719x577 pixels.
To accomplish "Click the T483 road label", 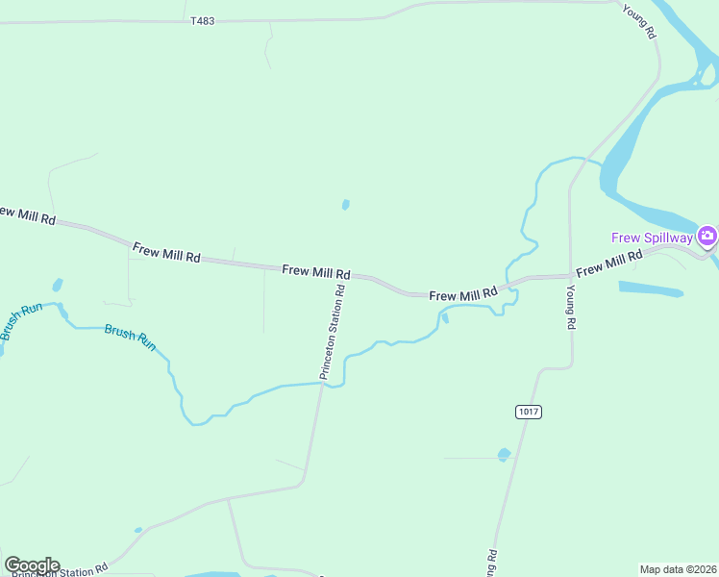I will tap(202, 20).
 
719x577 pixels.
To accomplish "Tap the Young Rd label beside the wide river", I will tap(638, 20).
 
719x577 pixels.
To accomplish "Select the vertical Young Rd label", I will tap(570, 307).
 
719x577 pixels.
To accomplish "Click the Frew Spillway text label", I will tap(653, 237).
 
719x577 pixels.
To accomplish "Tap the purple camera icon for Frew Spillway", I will tap(707, 237).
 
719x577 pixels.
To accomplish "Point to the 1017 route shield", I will tap(529, 412).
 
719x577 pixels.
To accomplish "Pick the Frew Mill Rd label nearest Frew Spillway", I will tap(609, 263).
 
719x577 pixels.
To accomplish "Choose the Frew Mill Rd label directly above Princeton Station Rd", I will tap(316, 272).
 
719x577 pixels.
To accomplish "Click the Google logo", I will tap(32, 565).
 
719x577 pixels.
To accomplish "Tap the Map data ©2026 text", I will tap(678, 569).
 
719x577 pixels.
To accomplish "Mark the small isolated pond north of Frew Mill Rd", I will tap(345, 205).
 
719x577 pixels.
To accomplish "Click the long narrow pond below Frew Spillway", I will tap(650, 288).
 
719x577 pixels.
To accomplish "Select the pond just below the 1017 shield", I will tap(504, 454).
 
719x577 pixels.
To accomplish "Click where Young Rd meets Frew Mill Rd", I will tap(570, 277).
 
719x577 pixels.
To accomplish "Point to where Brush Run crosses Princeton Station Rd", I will tap(323, 383).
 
